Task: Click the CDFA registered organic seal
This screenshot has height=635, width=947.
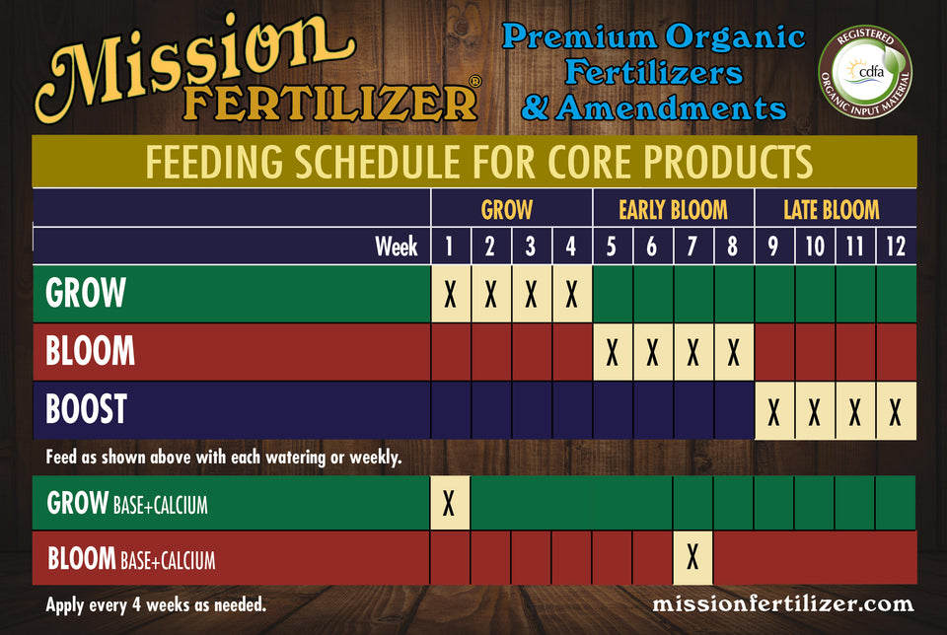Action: (x=865, y=72)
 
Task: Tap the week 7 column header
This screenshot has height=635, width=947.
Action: (x=692, y=247)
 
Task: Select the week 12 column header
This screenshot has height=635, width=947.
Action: (x=896, y=247)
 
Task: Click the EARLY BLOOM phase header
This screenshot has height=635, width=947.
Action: (x=673, y=210)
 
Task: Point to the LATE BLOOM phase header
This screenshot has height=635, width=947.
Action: (x=831, y=210)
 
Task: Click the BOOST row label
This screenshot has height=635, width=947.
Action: (x=87, y=408)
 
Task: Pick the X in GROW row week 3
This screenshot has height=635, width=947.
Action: (x=531, y=295)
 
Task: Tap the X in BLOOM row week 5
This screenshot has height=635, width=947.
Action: (x=612, y=353)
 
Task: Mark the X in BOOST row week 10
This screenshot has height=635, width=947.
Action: (x=814, y=413)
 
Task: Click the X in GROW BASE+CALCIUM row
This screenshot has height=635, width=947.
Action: (x=449, y=503)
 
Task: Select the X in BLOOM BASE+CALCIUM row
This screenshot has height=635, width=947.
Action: (x=692, y=557)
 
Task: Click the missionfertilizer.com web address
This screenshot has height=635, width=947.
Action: (x=782, y=603)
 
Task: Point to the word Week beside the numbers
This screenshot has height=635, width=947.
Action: (x=397, y=247)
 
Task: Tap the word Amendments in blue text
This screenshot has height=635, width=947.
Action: (x=671, y=108)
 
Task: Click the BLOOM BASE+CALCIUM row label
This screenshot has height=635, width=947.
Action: (x=131, y=558)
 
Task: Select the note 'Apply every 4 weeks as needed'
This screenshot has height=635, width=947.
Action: (x=156, y=604)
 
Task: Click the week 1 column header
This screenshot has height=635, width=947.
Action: (x=449, y=247)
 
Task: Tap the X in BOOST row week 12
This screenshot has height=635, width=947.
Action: (x=895, y=413)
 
